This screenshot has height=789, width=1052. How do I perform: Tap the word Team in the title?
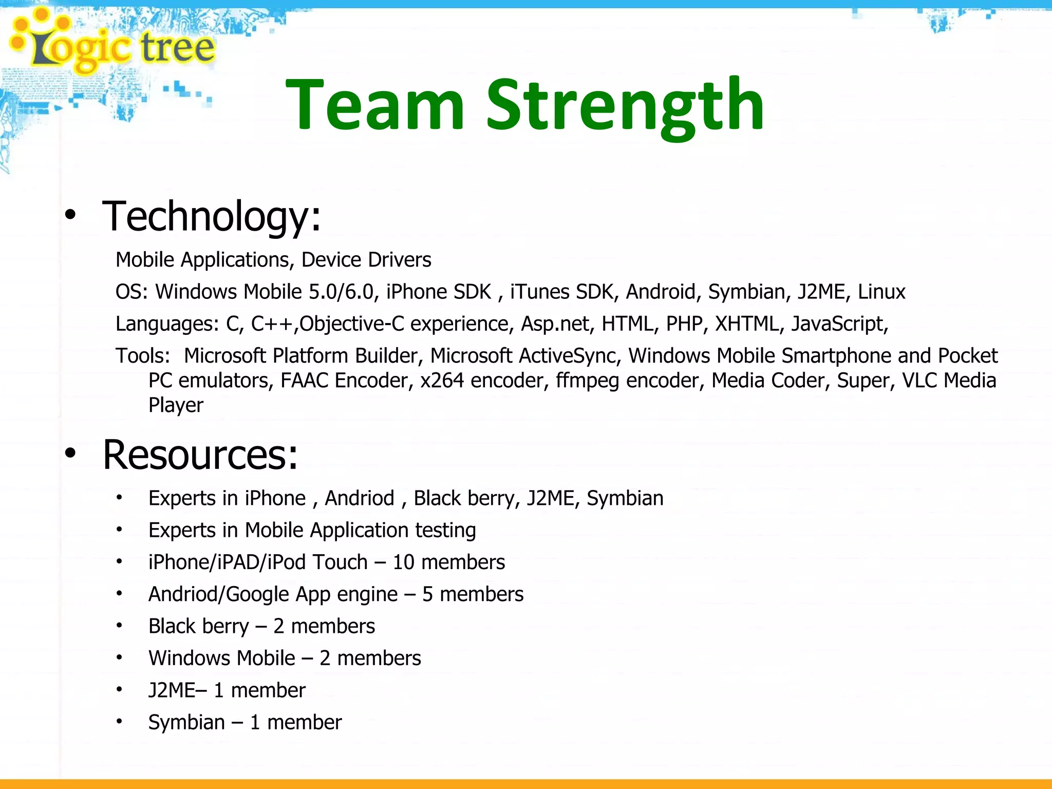pos(375,105)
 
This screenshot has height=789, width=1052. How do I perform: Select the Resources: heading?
pos(200,455)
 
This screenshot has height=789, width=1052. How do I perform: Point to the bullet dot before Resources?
pos(70,453)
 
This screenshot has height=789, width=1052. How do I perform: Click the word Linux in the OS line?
pos(881,292)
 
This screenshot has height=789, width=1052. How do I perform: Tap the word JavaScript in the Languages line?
pos(839,324)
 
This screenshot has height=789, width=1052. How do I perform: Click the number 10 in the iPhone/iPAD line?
pos(403,562)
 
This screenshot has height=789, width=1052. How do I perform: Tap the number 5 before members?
pos(427,594)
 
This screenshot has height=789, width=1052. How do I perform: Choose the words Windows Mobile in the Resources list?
pos(221,659)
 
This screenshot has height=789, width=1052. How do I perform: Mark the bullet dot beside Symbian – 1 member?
pos(119,721)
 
